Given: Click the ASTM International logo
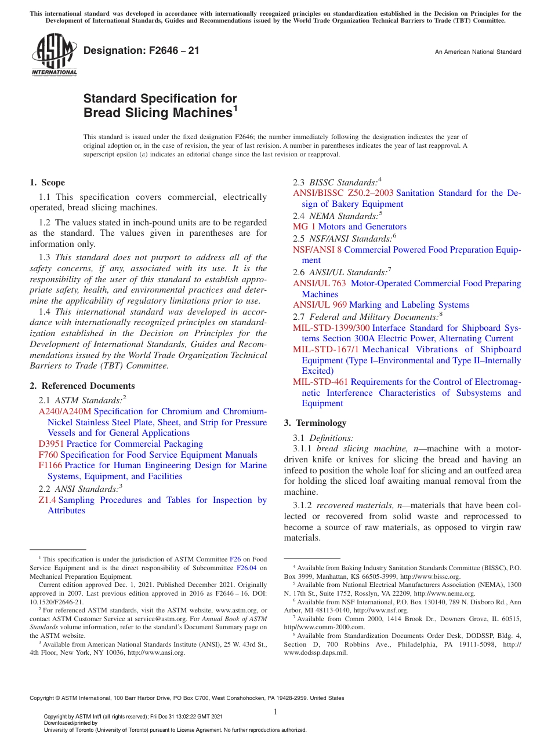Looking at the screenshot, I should coord(53,56).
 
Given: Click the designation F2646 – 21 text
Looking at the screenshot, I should coord(141,50).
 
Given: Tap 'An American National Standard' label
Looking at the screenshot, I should coord(478,52).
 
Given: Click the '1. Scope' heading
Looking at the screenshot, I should coord(48,183).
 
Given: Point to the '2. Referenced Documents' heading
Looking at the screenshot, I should coord(82,386).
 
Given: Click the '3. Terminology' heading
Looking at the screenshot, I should coord(315,423).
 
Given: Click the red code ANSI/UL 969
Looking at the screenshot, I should coord(320,305).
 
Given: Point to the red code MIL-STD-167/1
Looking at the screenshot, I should coord(326,349).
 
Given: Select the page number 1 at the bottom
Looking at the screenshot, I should coord(275,712).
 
